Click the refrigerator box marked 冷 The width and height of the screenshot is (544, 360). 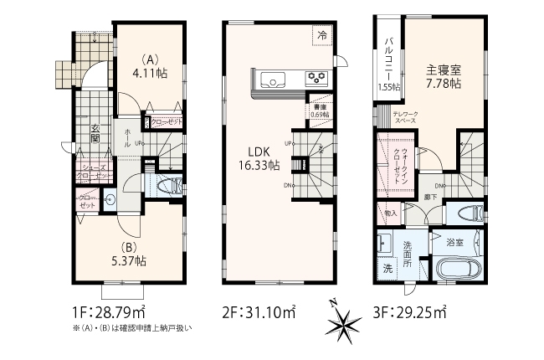coord(323,35)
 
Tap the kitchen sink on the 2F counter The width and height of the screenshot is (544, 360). coord(273,80)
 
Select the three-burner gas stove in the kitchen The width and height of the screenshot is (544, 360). coord(316,79)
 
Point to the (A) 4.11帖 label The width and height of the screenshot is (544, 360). coord(151,67)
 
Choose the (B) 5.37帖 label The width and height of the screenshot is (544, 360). coord(130,255)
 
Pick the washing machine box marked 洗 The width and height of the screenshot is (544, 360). coord(387,270)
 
